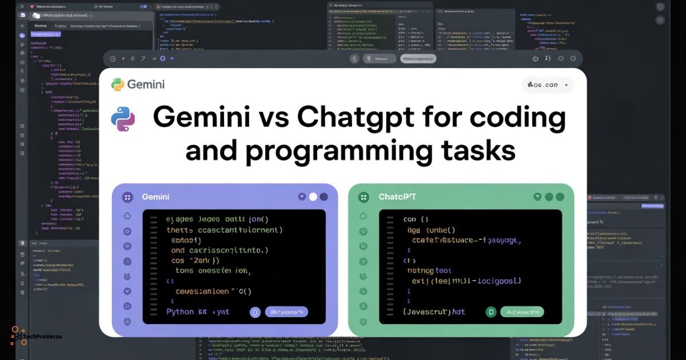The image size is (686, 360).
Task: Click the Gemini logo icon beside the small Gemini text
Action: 118,85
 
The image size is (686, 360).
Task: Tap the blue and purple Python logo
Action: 123,119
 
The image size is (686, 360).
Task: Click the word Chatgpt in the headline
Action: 354,118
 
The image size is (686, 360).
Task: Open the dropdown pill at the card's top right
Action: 548,85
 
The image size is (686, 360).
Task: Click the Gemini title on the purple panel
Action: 155,197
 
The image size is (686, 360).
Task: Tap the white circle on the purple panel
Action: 313,197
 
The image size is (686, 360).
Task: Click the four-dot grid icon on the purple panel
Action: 127,197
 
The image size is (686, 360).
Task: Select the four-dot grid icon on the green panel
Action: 364,197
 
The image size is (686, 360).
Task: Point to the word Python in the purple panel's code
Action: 181,312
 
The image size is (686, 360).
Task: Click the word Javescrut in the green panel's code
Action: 426,312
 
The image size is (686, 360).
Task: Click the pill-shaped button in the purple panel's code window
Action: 286,312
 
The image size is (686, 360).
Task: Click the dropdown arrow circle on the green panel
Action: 537,197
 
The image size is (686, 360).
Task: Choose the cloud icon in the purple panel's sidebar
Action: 127,216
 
